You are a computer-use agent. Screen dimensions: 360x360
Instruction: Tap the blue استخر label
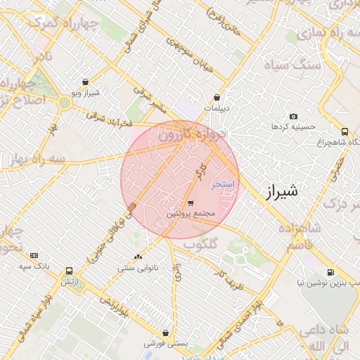tap(223, 184)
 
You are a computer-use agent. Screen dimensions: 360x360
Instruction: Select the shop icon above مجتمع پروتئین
tap(191, 202)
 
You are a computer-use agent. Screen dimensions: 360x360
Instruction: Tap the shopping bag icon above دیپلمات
tap(217, 98)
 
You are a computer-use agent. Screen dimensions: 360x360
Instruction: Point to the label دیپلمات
tap(216, 108)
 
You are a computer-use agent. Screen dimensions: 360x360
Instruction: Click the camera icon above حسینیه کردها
tap(293, 116)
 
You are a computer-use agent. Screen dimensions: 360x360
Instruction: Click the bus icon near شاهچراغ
tap(345, 131)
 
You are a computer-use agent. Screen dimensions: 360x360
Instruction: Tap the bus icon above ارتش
tap(69, 271)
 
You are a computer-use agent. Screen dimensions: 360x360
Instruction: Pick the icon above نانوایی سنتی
tap(137, 257)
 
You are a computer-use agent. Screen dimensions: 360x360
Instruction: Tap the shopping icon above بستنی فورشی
tap(165, 333)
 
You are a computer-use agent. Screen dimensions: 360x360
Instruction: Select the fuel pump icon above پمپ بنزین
tap(330, 272)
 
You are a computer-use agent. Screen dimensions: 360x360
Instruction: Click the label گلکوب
tap(200, 244)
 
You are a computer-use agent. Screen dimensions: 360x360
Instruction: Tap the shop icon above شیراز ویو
tap(86, 82)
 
